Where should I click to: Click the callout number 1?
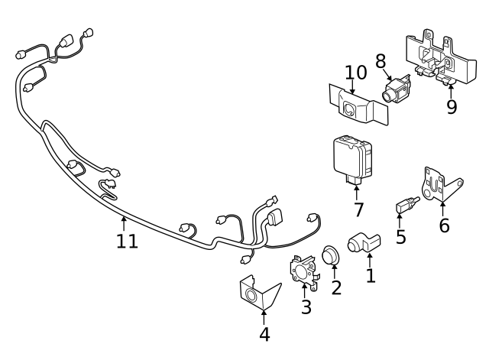tap(371, 274)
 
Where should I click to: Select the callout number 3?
tap(306, 307)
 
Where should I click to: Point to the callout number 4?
tap(264, 334)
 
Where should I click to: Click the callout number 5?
tap(400, 237)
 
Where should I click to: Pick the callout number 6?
tap(444, 225)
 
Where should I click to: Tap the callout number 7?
tap(358, 209)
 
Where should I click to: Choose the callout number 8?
tap(381, 61)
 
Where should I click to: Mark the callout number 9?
tap(452, 105)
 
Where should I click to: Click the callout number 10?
tap(355, 73)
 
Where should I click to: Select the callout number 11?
tap(127, 242)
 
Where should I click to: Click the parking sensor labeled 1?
tap(361, 242)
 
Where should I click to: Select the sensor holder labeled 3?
tap(303, 270)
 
